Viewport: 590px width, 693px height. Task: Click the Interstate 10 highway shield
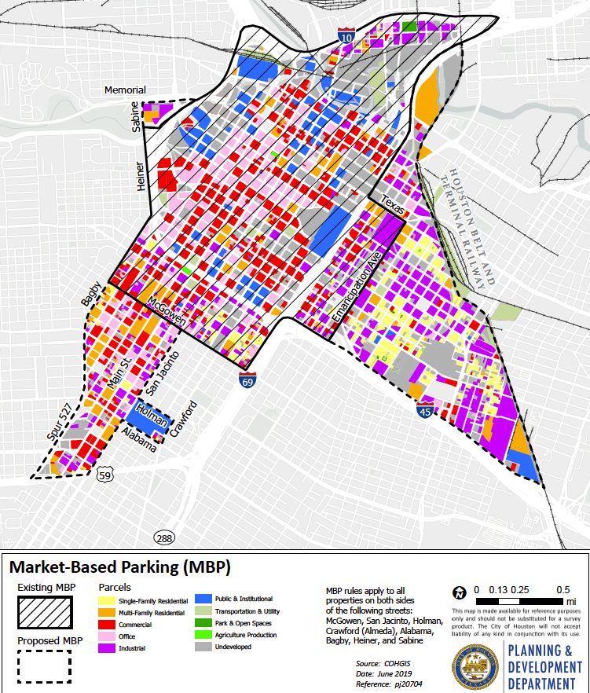point(346,37)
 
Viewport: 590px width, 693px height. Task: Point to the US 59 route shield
point(104,475)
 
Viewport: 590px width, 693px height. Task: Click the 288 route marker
point(163,537)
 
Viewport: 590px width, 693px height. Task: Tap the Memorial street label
point(126,90)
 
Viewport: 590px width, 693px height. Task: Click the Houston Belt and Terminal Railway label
point(469,228)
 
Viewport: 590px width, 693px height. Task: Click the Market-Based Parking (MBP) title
point(119,566)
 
